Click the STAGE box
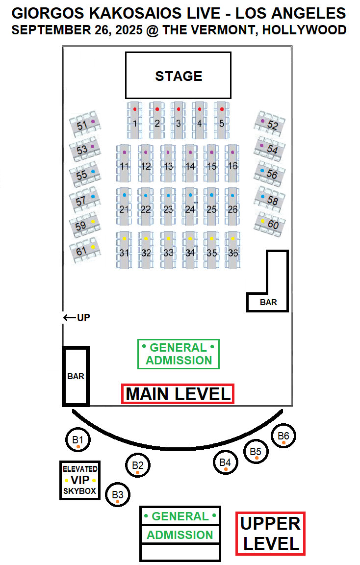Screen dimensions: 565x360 178,76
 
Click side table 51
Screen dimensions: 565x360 86,124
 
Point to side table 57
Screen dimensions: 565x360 85,199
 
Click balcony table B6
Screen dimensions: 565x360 283,436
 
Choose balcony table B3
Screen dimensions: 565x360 118,495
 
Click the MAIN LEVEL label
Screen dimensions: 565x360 178,394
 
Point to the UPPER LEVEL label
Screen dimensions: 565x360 270,533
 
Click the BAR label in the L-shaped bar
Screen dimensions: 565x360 268,302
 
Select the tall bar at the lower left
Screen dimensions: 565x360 76,376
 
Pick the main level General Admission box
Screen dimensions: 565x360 179,354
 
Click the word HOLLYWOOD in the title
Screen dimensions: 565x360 304,29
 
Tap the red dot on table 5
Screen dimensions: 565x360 222,109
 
